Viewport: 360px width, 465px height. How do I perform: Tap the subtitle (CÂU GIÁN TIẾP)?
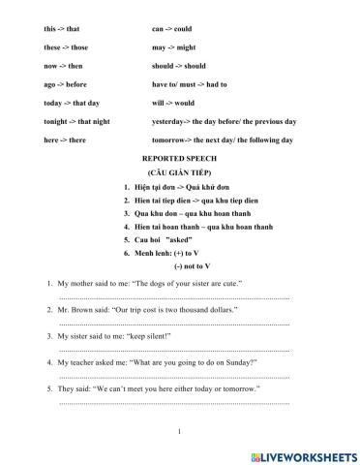[179, 170]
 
